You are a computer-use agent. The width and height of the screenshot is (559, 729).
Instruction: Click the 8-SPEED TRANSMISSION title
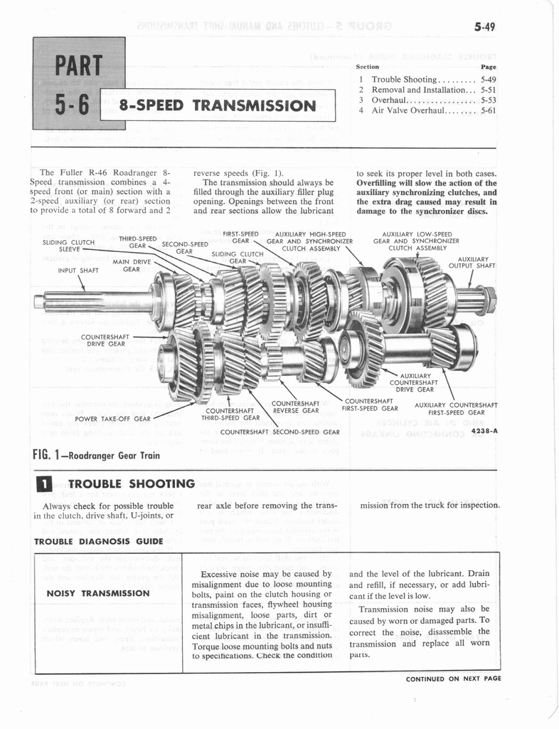pos(217,106)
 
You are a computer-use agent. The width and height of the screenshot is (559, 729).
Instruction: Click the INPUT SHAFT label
pos(78,270)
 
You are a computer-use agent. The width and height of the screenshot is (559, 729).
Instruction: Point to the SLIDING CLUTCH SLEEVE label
pos(68,246)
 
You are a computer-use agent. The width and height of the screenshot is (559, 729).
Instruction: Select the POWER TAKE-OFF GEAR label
pos(112,419)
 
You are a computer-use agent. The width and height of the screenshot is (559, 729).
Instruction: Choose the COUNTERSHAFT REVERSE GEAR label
pos(295,407)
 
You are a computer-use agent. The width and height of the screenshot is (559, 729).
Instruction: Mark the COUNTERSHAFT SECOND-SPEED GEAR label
pos(279,431)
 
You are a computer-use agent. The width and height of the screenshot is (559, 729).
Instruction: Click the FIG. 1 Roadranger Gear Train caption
pos(96,455)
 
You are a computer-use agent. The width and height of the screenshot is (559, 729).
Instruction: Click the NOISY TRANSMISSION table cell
pos(97,593)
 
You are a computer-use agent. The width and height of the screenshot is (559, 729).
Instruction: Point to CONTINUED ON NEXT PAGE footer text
pos(453,678)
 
